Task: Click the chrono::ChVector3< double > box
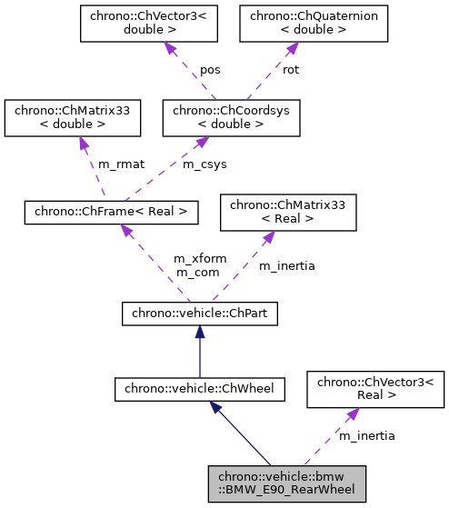click(x=148, y=25)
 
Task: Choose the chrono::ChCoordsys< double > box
click(x=231, y=117)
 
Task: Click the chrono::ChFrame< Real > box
click(x=110, y=212)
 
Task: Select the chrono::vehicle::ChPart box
click(x=199, y=314)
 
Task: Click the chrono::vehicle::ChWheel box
click(x=199, y=390)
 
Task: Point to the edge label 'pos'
click(x=210, y=69)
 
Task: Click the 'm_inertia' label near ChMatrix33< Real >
click(x=286, y=266)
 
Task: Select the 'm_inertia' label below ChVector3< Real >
click(x=366, y=436)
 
